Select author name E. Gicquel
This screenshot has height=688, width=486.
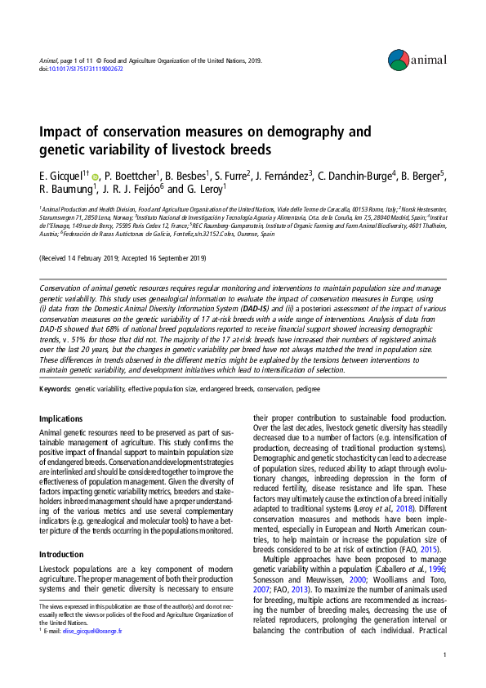[63, 176]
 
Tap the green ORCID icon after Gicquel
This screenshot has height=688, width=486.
[96, 177]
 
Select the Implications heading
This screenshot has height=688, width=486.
[60, 418]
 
